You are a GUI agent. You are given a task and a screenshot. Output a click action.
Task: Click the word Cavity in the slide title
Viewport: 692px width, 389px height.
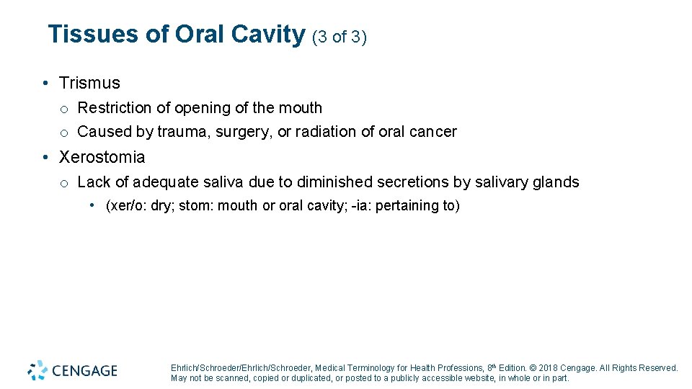point(268,35)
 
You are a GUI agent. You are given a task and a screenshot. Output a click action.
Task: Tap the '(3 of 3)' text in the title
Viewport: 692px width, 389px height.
point(340,37)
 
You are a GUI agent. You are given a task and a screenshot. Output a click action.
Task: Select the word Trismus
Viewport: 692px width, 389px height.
point(89,84)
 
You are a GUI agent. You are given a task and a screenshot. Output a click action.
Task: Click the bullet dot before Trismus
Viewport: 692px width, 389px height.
point(45,84)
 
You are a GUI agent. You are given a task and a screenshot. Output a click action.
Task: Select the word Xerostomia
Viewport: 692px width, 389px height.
point(102,157)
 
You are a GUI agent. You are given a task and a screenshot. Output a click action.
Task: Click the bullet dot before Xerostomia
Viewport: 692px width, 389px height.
point(45,157)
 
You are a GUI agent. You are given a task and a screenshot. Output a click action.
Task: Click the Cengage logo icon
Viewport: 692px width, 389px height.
point(37,370)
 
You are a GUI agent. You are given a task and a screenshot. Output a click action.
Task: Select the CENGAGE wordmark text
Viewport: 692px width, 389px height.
point(85,371)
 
